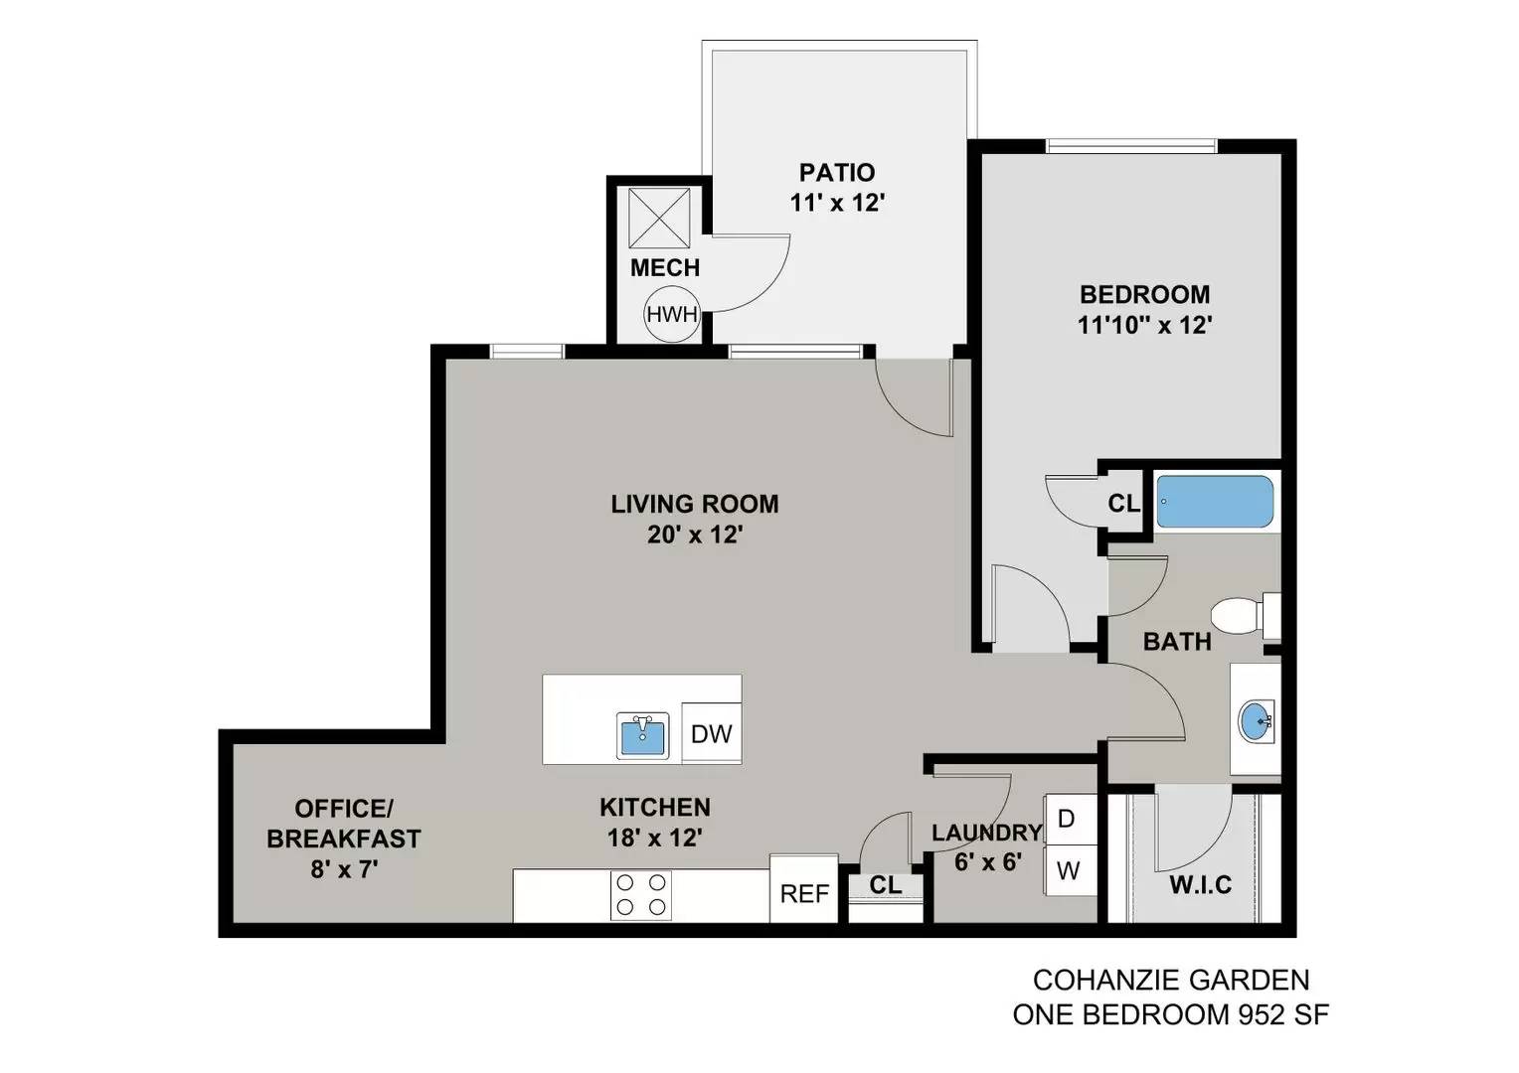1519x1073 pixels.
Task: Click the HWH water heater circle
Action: [671, 314]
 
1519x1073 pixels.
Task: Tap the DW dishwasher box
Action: [712, 733]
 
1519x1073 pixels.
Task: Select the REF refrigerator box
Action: [804, 888]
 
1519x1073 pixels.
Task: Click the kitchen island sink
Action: [643, 735]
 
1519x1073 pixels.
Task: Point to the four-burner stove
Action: [641, 895]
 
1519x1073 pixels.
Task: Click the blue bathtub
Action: [1215, 502]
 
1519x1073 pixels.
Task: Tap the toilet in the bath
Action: [1245, 616]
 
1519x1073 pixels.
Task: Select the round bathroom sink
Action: [1256, 722]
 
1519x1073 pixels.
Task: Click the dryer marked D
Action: [1070, 819]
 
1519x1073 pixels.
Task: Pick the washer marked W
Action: [1070, 870]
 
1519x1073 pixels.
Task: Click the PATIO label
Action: [837, 172]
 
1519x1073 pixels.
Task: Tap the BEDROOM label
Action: [1144, 294]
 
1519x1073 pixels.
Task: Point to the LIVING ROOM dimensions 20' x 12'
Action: [695, 535]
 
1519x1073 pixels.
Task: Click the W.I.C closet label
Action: [1200, 884]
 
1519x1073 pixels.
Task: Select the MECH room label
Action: [664, 267]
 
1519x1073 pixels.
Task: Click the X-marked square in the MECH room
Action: [659, 219]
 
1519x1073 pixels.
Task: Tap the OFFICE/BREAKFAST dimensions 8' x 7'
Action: [344, 869]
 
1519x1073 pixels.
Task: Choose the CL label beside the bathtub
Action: [1123, 503]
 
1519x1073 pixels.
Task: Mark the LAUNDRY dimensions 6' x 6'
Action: [987, 862]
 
